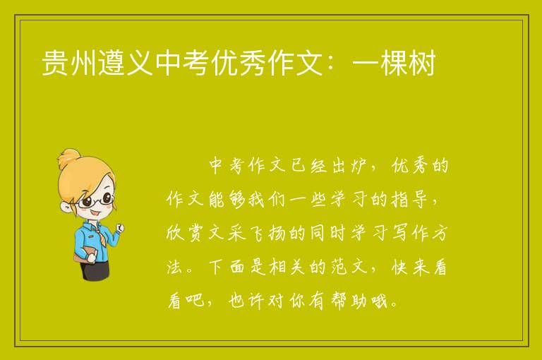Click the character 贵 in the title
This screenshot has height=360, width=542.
click(x=55, y=63)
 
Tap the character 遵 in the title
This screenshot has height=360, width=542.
click(x=112, y=63)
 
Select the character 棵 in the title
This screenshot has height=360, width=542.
click(x=394, y=63)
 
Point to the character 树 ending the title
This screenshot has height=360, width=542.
click(x=422, y=63)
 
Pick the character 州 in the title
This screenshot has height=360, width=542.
click(x=84, y=63)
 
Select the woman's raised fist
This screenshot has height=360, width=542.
click(x=120, y=227)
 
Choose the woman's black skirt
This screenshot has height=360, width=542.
click(x=95, y=270)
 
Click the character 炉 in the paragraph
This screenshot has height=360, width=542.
click(x=357, y=166)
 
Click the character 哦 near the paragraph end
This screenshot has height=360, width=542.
click(x=379, y=301)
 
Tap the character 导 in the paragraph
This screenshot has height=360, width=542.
click(x=419, y=200)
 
